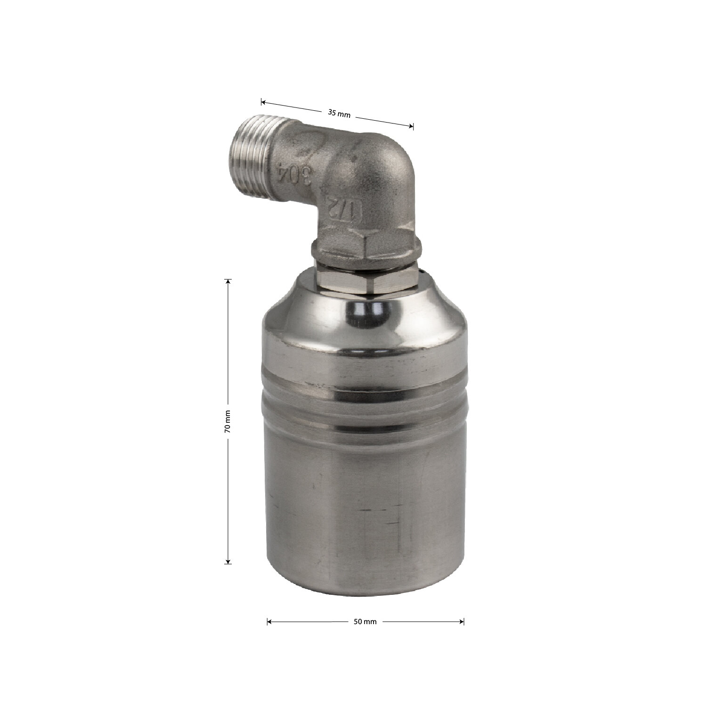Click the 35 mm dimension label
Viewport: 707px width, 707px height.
click(339, 114)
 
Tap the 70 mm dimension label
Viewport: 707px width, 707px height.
click(228, 421)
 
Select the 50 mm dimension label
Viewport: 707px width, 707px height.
click(365, 622)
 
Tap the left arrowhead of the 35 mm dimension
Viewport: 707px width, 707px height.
click(264, 102)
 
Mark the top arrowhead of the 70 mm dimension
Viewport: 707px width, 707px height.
click(228, 282)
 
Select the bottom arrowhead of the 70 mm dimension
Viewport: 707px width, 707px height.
click(228, 559)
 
